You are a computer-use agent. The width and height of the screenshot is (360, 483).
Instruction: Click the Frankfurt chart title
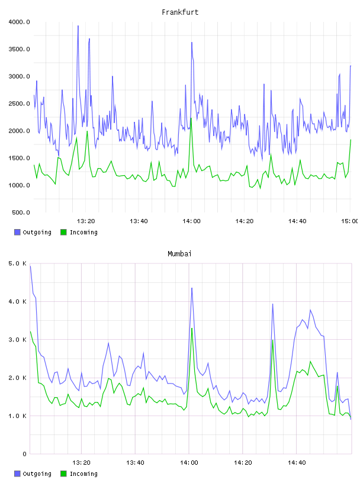180,12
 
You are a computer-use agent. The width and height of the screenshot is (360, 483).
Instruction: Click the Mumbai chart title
179,254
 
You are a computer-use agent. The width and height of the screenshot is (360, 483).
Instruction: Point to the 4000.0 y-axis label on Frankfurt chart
19,22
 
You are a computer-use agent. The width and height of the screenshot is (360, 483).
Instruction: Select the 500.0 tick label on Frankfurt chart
21,212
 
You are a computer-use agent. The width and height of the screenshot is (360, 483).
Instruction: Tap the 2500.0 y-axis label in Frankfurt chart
19,104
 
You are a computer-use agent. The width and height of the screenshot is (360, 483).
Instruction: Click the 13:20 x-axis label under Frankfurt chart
86,221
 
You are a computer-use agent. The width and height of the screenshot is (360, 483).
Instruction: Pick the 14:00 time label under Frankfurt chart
191,221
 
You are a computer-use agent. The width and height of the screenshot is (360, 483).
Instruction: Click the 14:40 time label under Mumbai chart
297,463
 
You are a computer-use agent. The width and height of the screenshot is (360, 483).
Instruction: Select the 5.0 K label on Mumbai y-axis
18,263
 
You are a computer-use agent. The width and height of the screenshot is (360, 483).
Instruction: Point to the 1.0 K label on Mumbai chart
18,416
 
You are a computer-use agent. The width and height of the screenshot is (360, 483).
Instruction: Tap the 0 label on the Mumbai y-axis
25,454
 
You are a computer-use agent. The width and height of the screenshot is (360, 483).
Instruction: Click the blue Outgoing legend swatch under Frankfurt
17,232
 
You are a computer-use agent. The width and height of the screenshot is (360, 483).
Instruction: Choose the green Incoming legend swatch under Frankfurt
63,232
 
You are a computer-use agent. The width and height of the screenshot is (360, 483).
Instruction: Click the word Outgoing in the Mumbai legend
37,474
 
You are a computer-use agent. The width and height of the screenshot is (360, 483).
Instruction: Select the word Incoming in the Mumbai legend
83,474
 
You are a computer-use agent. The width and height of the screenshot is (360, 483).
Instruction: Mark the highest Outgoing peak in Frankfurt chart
78,26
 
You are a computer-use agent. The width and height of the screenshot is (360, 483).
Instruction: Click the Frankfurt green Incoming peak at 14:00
191,118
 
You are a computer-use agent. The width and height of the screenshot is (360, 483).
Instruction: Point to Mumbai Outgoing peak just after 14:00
192,288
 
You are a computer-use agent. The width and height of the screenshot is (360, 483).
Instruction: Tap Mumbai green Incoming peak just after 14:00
192,329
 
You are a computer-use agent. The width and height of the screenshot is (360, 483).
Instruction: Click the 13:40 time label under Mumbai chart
135,463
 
